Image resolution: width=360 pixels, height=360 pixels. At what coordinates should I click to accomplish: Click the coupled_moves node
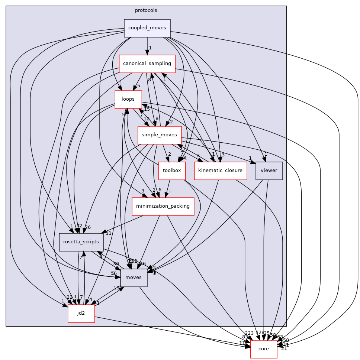(147, 28)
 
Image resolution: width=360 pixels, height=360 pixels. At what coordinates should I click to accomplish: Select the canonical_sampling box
(147, 64)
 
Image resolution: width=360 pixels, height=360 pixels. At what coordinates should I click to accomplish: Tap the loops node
(128, 100)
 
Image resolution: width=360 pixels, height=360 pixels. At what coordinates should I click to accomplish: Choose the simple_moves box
(159, 135)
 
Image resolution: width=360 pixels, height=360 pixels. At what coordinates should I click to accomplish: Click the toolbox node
(172, 171)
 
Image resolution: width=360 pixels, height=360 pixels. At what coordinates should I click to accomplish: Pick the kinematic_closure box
(221, 171)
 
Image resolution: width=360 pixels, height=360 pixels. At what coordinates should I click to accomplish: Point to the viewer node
(269, 171)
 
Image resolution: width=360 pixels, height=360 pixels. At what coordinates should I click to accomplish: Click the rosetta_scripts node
(81, 242)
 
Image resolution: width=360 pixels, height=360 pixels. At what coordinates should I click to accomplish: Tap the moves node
(134, 278)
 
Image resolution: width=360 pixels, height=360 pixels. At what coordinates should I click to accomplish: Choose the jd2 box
(81, 314)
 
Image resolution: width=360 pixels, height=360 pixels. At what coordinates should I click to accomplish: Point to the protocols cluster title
(146, 10)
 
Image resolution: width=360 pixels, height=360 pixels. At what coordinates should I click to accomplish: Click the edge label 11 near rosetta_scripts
(109, 233)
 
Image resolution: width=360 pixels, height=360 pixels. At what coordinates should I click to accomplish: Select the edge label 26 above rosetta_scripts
(88, 227)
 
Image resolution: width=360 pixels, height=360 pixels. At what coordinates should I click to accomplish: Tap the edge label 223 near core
(249, 333)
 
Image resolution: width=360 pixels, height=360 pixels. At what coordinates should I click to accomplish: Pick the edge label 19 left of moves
(116, 288)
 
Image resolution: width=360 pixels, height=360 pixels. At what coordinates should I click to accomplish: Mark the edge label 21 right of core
(284, 348)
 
